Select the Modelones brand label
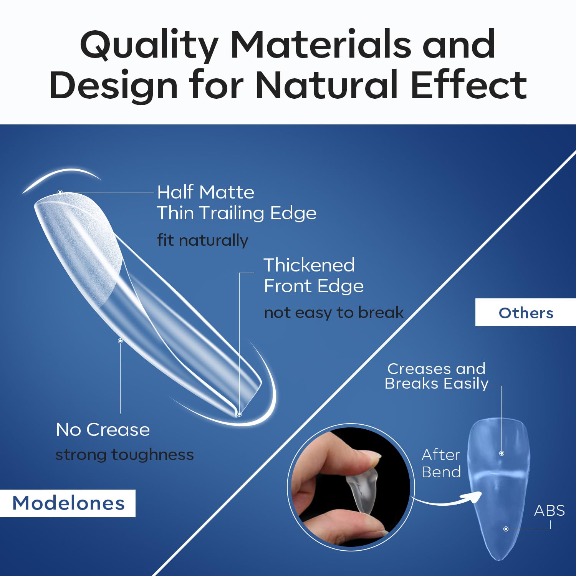click(68, 503)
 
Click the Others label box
click(526, 313)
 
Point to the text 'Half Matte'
click(205, 192)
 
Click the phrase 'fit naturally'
click(202, 240)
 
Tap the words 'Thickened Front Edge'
click(313, 275)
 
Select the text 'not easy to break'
click(334, 313)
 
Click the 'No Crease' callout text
click(103, 429)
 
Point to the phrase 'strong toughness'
click(124, 455)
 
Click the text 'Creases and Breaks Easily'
click(436, 376)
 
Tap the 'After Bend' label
click(441, 463)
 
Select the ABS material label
click(550, 510)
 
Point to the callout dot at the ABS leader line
click(506, 529)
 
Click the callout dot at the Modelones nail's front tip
click(239, 414)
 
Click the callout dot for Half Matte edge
click(60, 192)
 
